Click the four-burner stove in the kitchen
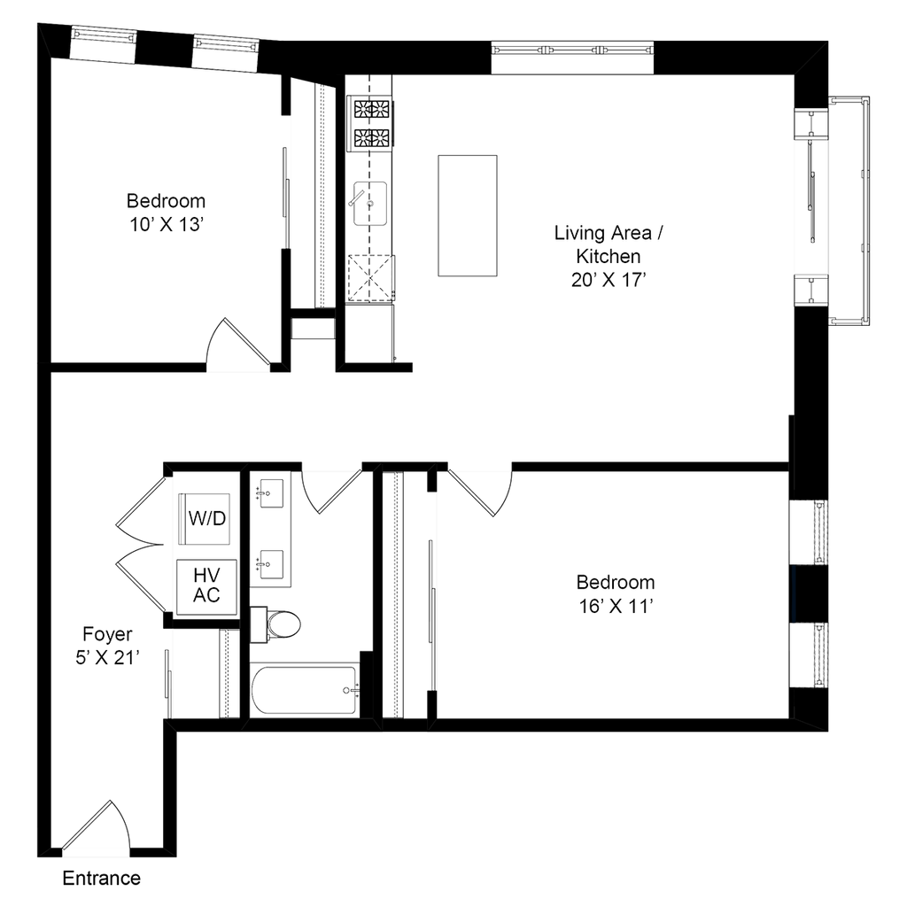tap(371, 122)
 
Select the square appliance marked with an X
tap(371, 278)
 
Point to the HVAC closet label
tap(206, 585)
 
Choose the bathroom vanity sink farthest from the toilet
tap(268, 491)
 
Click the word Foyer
tap(107, 635)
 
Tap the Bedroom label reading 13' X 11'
tap(616, 594)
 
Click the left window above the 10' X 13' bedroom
tap(103, 43)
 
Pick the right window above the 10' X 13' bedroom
tap(225, 52)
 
